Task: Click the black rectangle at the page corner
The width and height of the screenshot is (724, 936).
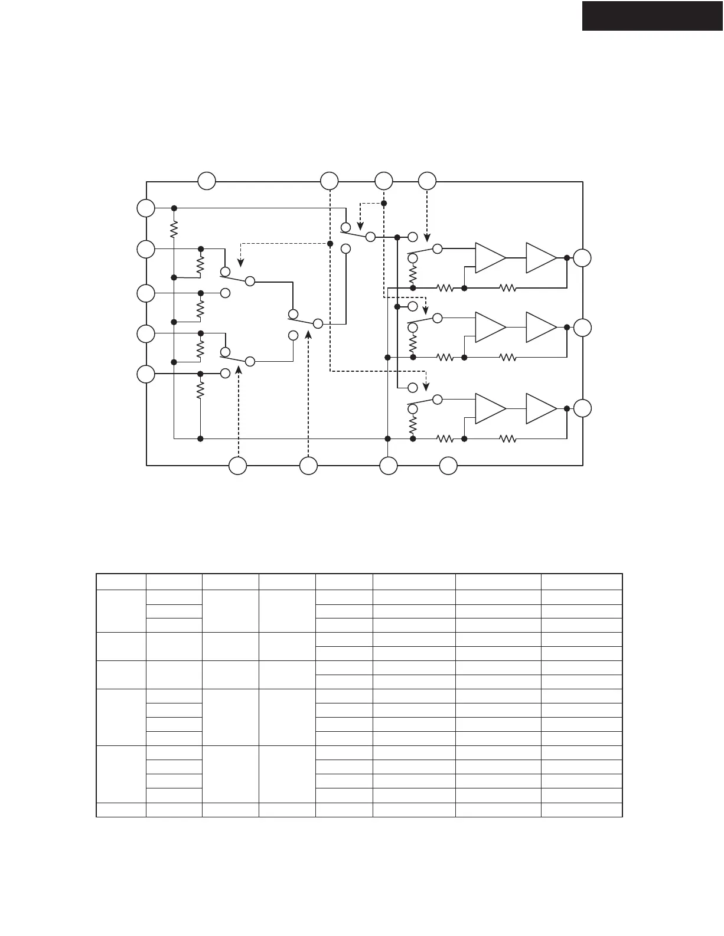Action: tap(653, 15)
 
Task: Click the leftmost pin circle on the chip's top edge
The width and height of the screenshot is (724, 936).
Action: tap(207, 181)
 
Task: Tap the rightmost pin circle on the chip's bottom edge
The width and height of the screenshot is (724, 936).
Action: tap(448, 466)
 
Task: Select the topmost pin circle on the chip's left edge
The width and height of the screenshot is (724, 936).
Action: tap(146, 208)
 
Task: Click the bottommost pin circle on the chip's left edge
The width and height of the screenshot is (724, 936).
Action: tap(146, 374)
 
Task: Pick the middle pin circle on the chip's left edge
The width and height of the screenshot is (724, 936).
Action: tap(146, 293)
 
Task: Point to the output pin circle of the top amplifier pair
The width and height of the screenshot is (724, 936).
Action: tap(582, 258)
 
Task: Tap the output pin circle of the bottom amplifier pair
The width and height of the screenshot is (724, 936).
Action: tap(582, 409)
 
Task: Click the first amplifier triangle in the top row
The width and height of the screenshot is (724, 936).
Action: tap(491, 258)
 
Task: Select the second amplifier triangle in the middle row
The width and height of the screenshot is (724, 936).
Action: tap(541, 327)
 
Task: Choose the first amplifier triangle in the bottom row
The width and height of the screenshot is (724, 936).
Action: tap(491, 409)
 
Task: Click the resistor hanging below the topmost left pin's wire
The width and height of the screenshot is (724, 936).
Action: tap(174, 229)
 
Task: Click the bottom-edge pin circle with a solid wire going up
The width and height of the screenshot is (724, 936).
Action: tap(388, 466)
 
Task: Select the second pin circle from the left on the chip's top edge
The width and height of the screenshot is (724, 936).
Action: tap(329, 181)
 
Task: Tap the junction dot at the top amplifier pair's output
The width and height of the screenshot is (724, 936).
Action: tap(567, 258)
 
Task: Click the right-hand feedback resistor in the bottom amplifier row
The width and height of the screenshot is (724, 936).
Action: tap(508, 438)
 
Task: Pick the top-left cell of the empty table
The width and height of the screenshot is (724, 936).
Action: tap(121, 581)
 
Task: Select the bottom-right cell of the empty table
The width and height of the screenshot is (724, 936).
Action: tap(582, 810)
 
